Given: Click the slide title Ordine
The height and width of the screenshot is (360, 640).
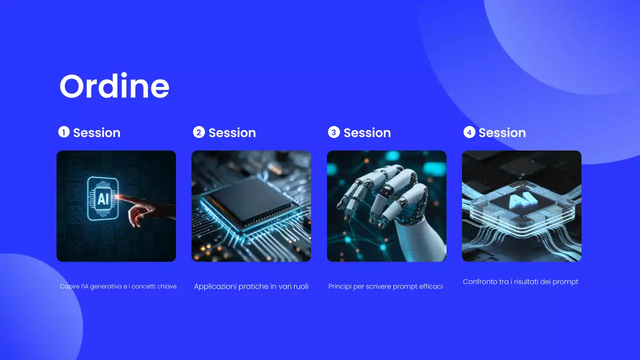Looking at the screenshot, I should click(x=114, y=86).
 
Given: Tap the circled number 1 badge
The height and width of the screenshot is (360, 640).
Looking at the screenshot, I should click(x=63, y=132).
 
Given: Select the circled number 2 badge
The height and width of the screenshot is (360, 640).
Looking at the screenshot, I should click(x=198, y=132).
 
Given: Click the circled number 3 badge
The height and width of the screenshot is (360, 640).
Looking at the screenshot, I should click(x=333, y=132).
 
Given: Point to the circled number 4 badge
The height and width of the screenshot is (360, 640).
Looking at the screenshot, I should click(x=469, y=132).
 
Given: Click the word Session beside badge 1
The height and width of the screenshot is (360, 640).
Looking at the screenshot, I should click(x=96, y=132).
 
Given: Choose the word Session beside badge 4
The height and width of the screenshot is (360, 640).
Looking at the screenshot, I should click(x=502, y=132).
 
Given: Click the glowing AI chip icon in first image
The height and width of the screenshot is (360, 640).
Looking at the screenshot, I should click(x=102, y=199).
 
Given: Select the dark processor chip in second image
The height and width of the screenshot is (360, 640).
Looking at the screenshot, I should click(x=250, y=202).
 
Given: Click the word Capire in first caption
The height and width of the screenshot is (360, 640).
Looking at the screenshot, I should click(x=69, y=286).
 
